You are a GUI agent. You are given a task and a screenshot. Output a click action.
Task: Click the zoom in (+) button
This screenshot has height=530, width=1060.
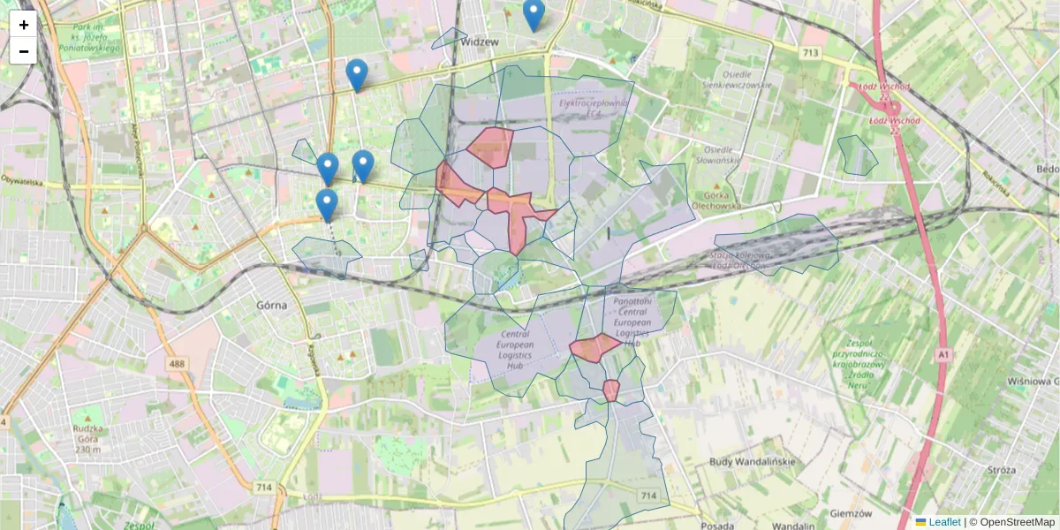pyautogui.click(x=24, y=25)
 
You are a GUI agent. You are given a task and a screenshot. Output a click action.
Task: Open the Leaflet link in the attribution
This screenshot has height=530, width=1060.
pyautogui.click(x=943, y=522)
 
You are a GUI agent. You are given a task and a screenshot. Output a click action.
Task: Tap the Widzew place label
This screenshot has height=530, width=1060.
pyautogui.click(x=481, y=42)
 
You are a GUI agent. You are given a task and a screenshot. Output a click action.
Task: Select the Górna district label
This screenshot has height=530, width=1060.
pyautogui.click(x=271, y=305)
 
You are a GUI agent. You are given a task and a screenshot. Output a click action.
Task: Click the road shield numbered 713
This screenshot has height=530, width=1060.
pyautogui.click(x=810, y=54)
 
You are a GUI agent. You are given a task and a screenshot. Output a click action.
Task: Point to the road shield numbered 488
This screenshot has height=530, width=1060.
pyautogui.click(x=180, y=364)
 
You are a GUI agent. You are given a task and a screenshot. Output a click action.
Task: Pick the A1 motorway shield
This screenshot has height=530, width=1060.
pyautogui.click(x=944, y=354)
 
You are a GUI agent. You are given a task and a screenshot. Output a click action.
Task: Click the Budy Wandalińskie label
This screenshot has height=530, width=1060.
pyautogui.click(x=753, y=462)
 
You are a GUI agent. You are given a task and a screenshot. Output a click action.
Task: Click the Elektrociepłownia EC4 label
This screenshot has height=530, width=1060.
pyautogui.click(x=593, y=108)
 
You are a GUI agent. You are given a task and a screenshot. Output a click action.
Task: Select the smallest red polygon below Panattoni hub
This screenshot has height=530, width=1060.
pyautogui.click(x=611, y=390)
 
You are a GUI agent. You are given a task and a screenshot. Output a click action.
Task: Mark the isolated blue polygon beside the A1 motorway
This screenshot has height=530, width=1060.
pyautogui.click(x=857, y=155)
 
